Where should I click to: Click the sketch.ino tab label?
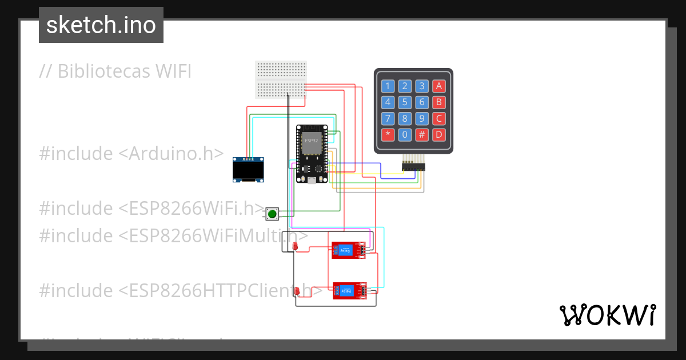pyautogui.click(x=101, y=25)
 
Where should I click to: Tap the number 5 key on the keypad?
pyautogui.click(x=405, y=103)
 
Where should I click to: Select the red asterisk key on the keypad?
pyautogui.click(x=388, y=135)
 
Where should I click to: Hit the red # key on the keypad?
pyautogui.click(x=422, y=135)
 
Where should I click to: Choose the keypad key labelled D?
pyautogui.click(x=438, y=135)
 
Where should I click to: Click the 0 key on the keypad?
pyautogui.click(x=405, y=135)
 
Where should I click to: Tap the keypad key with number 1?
pyautogui.click(x=388, y=86)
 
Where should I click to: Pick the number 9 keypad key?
pyautogui.click(x=422, y=119)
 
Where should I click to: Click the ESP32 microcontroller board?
pyautogui.click(x=312, y=154)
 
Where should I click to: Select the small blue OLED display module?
pyautogui.click(x=249, y=170)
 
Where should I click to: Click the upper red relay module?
pyautogui.click(x=348, y=250)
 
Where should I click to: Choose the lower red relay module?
pyautogui.click(x=349, y=291)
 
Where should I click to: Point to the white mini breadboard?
pyautogui.click(x=281, y=80)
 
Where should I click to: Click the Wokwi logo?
pyautogui.click(x=607, y=315)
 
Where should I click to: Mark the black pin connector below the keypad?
pyautogui.click(x=413, y=166)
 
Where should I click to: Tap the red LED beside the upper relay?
pyautogui.click(x=296, y=246)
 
